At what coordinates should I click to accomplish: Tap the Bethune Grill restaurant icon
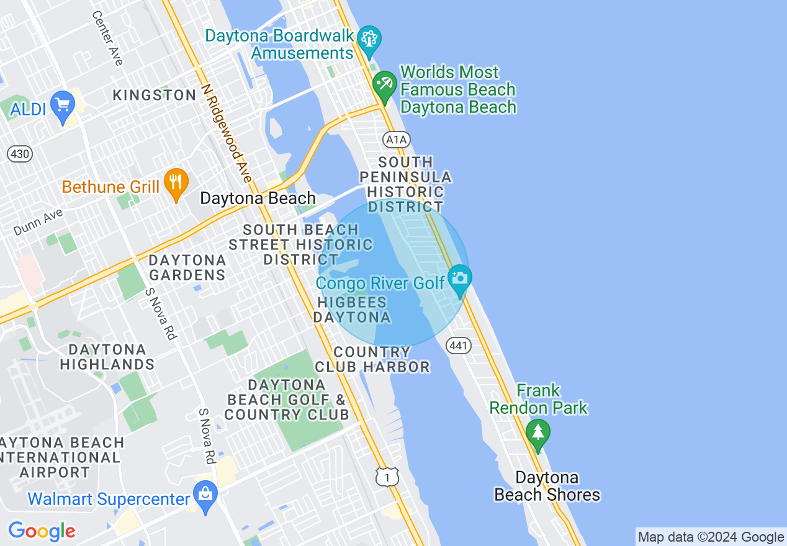pyautogui.click(x=176, y=182)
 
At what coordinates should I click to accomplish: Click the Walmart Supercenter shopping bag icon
pyautogui.click(x=204, y=494)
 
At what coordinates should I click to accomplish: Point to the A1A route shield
pyautogui.click(x=396, y=139)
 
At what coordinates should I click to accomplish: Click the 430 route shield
pyautogui.click(x=20, y=153)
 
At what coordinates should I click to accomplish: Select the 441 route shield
pyautogui.click(x=459, y=346)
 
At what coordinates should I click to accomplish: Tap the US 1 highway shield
pyautogui.click(x=387, y=476)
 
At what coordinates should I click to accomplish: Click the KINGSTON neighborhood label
pyautogui.click(x=155, y=95)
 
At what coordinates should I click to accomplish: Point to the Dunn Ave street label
pyautogui.click(x=38, y=222)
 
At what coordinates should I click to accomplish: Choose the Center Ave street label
pyautogui.click(x=107, y=38)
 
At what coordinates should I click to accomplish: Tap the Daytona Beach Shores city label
pyautogui.click(x=547, y=486)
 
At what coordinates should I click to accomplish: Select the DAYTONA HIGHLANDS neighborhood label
pyautogui.click(x=107, y=357)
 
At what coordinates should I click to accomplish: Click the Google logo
pyautogui.click(x=42, y=531)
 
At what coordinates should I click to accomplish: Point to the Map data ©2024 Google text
pyautogui.click(x=711, y=537)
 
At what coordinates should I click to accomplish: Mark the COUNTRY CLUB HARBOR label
pyautogui.click(x=372, y=359)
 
